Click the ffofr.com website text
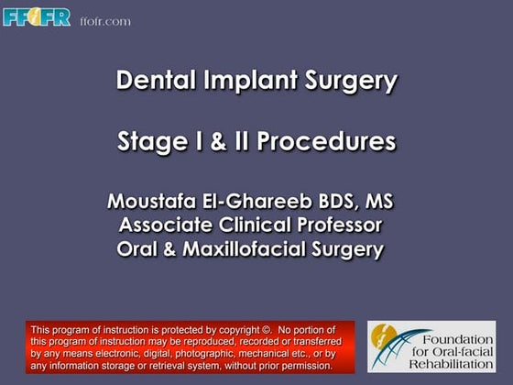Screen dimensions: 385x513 105,21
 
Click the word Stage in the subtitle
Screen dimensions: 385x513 147,142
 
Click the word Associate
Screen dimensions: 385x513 169,225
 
